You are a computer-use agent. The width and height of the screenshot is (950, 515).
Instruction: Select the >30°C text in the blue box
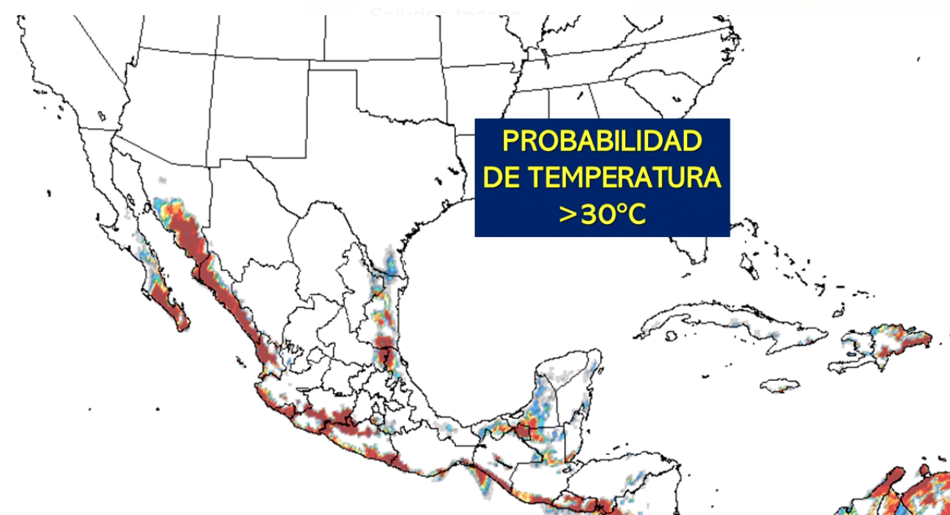602,214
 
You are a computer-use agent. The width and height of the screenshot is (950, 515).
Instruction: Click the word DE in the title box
503,178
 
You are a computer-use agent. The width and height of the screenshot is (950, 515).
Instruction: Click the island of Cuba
732,324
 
